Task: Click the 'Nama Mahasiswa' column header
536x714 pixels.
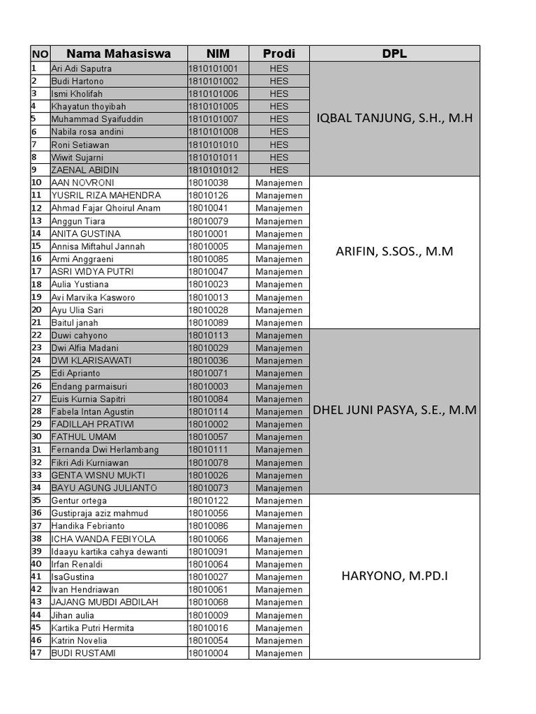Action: coord(118,54)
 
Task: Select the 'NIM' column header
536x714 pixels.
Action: coord(218,54)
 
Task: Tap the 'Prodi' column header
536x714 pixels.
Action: coord(278,54)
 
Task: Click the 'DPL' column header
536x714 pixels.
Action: coord(394,54)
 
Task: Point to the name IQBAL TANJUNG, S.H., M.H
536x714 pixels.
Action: coord(394,119)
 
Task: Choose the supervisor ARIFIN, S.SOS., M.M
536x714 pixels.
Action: coord(394,252)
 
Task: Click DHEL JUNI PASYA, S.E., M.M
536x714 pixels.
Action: coord(394,411)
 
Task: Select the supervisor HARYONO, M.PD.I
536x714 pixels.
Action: coord(394,576)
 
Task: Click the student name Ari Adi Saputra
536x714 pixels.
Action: coord(81,69)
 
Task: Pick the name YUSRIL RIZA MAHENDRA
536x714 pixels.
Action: coord(106,195)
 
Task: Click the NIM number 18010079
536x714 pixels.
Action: coord(208,221)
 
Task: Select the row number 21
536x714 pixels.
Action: coord(37,323)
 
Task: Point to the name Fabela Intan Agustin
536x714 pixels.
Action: coord(93,411)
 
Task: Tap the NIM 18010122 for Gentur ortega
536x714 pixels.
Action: coord(208,501)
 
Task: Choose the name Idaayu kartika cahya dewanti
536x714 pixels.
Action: coord(110,552)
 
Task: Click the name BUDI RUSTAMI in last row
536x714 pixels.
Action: coord(83,653)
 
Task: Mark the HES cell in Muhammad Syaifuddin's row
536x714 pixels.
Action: coord(278,119)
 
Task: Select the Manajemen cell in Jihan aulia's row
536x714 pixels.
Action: coord(278,615)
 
